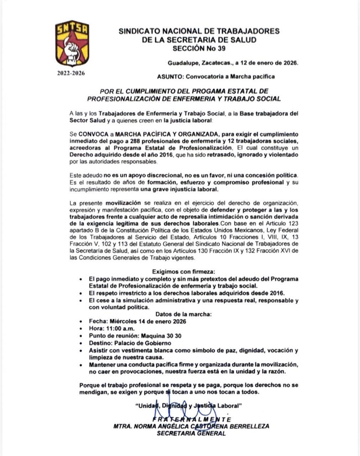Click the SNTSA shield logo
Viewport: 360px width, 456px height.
point(72,43)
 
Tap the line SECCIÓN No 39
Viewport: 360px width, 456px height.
point(199,48)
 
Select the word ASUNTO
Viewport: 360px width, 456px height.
point(170,76)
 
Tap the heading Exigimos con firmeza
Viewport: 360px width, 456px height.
point(183,271)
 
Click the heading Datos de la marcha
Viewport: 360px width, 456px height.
point(183,314)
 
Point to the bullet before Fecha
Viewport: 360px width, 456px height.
point(82,321)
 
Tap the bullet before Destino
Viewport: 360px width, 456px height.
point(82,343)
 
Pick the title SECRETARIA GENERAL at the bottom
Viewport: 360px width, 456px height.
point(191,433)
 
